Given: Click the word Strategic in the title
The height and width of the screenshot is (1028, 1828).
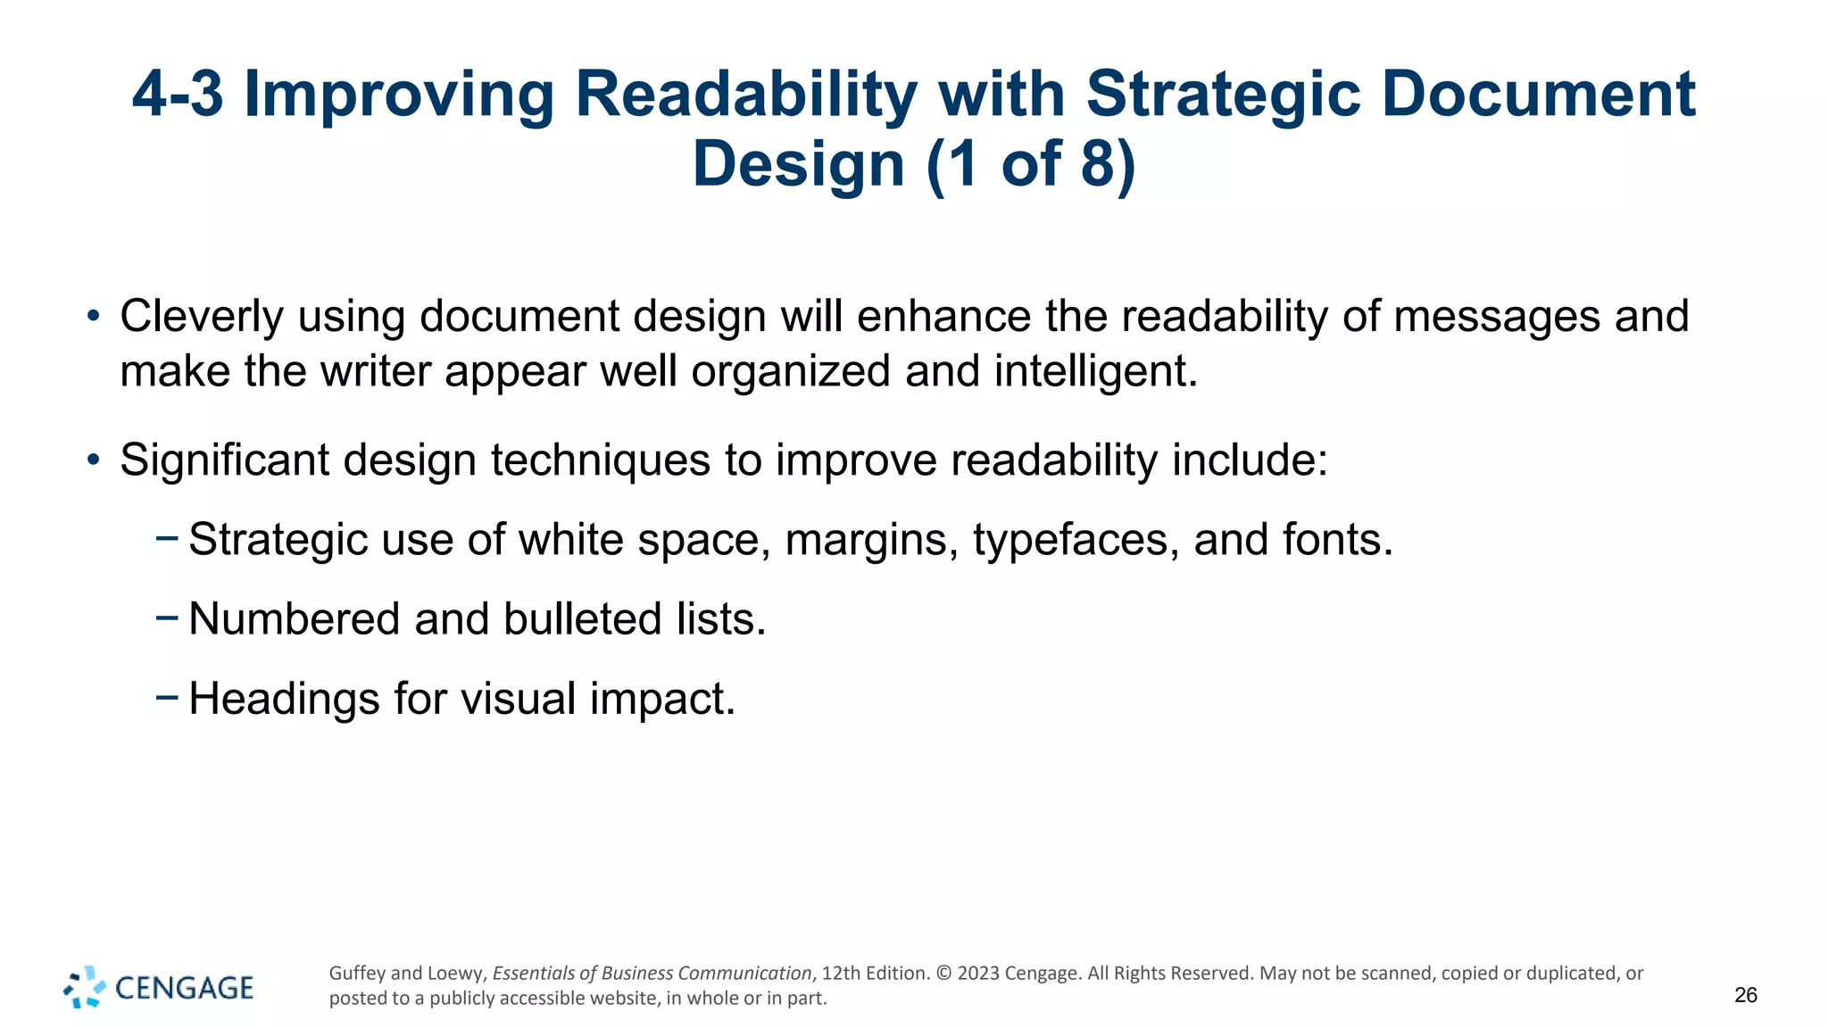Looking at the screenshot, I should pos(1223,94).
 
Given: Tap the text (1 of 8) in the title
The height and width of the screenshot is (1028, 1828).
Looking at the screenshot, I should pos(1031,164).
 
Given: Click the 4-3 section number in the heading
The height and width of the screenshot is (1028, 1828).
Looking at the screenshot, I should pos(178,94).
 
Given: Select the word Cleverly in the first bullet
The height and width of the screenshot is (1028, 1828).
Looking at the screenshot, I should pos(201,317).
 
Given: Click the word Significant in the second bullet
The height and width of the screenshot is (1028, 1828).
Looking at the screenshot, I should pos(224,460).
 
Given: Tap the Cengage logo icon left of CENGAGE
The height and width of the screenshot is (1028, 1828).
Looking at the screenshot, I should pos(84,987).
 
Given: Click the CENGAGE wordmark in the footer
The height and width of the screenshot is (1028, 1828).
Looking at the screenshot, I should pos(185,988).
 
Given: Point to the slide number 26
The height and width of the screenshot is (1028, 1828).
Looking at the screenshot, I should pos(1745,995).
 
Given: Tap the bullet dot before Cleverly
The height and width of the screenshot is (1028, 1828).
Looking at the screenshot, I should pos(93,316).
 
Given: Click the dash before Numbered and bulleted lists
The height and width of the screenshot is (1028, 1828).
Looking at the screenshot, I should pos(166,617).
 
